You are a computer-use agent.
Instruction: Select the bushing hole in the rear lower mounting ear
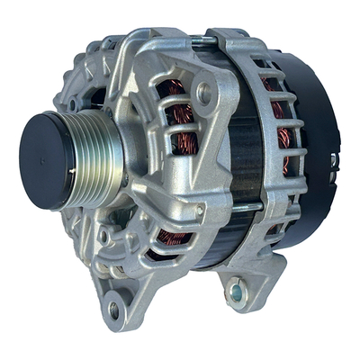click(x=236, y=291)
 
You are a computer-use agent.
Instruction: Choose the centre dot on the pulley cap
click(x=43, y=160)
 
